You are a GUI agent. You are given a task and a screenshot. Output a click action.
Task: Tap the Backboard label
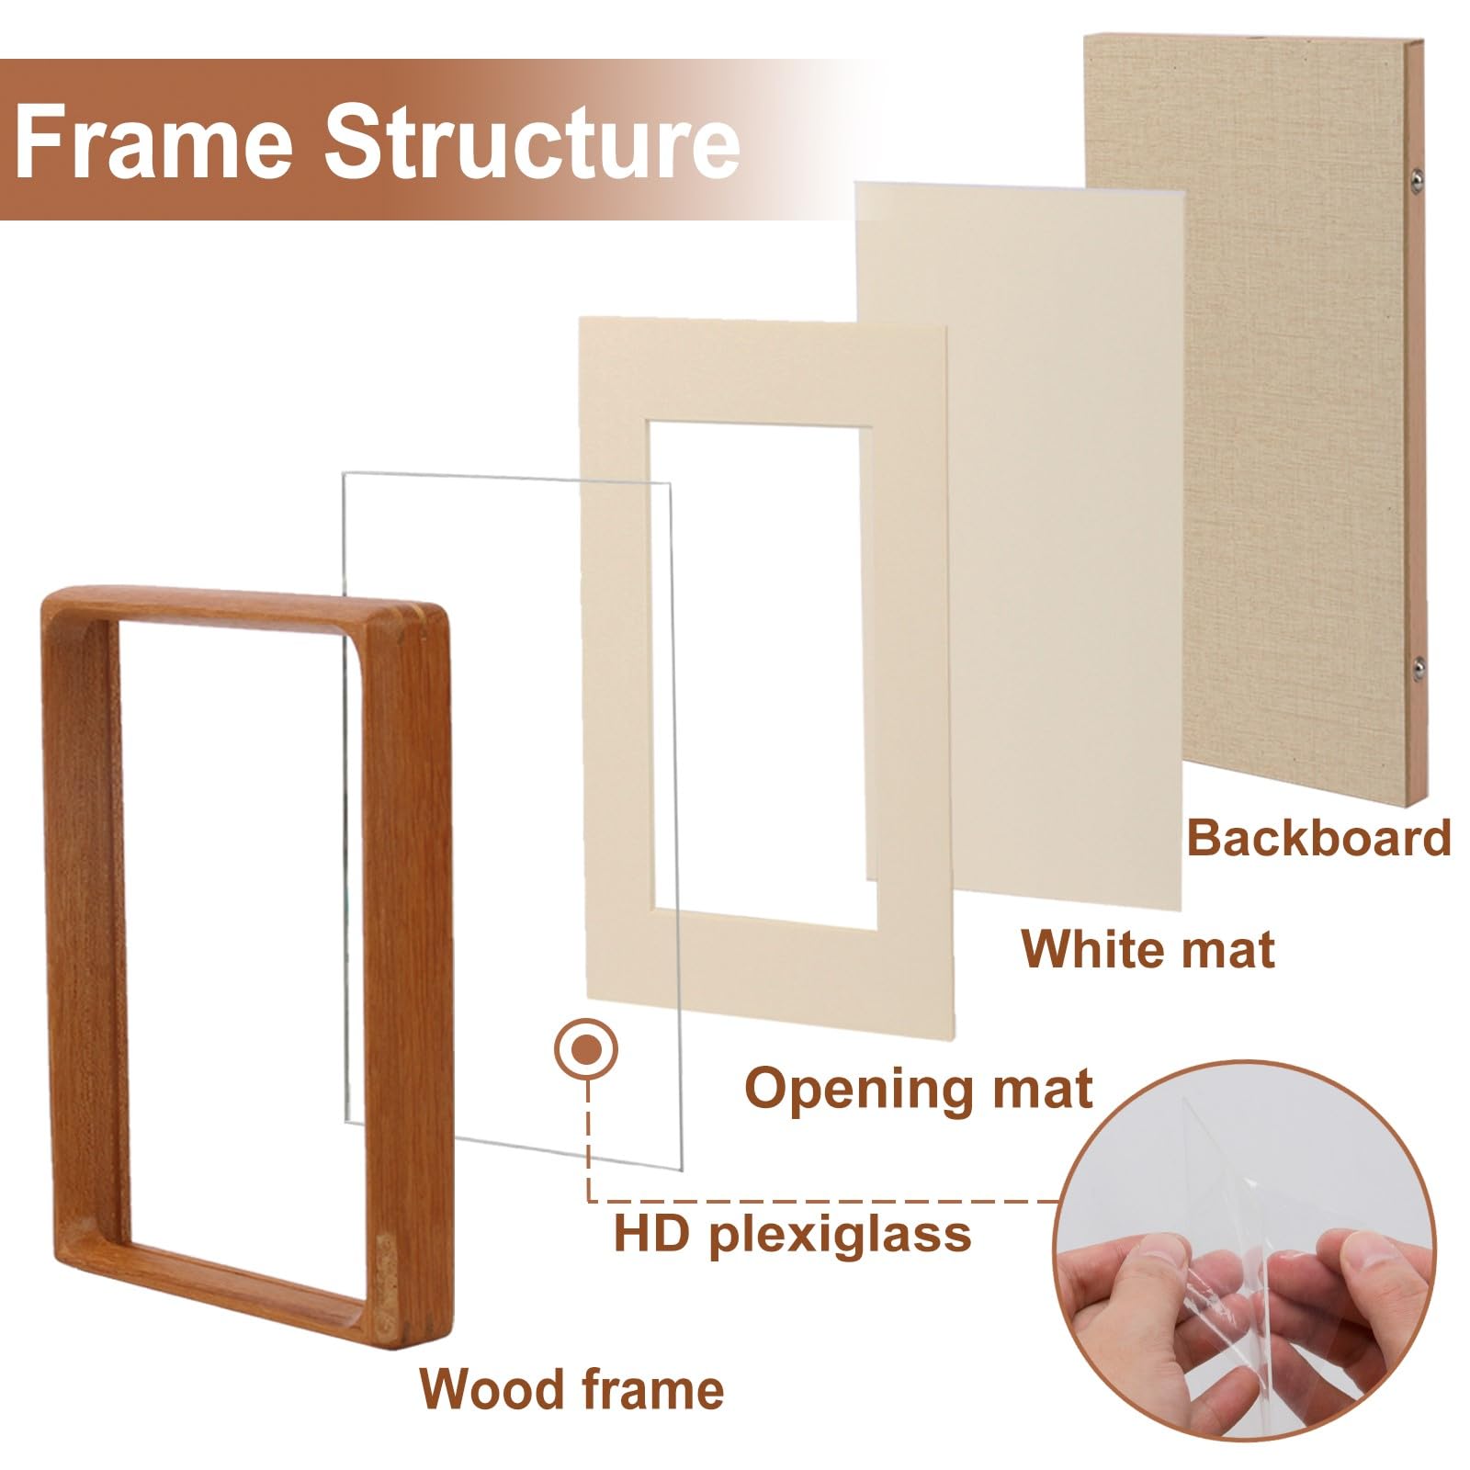click(1318, 839)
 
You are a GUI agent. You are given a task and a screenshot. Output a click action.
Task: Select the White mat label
click(1148, 949)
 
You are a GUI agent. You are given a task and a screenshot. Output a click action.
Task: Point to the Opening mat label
click(918, 1089)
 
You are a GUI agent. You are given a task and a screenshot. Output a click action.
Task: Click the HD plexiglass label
click(792, 1233)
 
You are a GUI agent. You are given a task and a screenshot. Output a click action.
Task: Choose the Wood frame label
click(571, 1389)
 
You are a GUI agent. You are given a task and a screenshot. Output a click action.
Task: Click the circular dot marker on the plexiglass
click(586, 1048)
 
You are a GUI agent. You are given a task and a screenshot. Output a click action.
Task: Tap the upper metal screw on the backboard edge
click(1415, 175)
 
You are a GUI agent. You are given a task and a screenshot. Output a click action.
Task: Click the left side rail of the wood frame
click(81, 919)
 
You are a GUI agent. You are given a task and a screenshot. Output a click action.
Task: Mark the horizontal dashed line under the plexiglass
click(827, 1200)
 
